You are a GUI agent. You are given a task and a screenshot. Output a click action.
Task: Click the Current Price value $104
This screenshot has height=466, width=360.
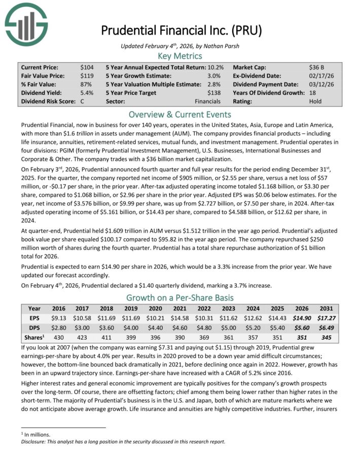[87, 67]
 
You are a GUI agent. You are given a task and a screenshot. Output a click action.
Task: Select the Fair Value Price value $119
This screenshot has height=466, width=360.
[87, 76]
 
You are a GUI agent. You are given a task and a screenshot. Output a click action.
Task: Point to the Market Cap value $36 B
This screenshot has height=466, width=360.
[317, 67]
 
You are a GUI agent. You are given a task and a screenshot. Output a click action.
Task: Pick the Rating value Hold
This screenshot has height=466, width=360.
[315, 101]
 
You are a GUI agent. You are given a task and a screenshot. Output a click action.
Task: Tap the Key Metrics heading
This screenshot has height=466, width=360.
[180, 56]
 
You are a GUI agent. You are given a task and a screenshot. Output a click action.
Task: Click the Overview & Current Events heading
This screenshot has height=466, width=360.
[180, 114]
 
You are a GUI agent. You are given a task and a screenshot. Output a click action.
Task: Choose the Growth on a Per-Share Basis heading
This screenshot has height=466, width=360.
[180, 298]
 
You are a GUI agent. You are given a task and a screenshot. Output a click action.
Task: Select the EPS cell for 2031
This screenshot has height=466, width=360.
[326, 317]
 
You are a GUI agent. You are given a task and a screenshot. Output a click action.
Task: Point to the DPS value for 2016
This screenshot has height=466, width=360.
[59, 327]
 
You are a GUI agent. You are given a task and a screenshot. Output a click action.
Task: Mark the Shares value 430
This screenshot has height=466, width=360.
[59, 337]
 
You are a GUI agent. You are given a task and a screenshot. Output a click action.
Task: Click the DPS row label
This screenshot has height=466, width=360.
[34, 327]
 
